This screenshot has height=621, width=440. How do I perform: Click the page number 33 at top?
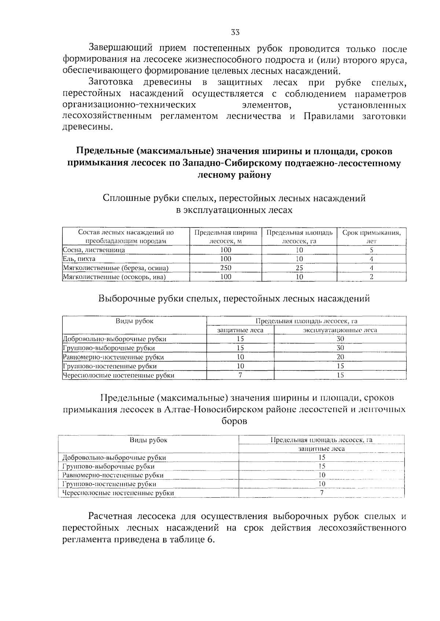(x=235, y=32)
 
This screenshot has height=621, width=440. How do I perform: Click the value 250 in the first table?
(x=225, y=268)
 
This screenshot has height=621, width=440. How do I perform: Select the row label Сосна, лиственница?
(x=94, y=250)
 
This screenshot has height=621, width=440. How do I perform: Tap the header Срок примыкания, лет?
(x=371, y=237)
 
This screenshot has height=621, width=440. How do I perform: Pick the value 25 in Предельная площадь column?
(x=299, y=268)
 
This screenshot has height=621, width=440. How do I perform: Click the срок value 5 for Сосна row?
(x=371, y=250)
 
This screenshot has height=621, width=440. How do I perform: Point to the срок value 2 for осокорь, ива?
(x=371, y=277)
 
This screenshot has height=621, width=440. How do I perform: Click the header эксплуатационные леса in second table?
(x=340, y=330)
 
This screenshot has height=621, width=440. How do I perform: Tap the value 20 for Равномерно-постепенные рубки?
(x=340, y=357)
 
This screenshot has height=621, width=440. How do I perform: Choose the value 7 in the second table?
(x=240, y=375)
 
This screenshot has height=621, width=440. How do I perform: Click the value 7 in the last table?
(x=322, y=493)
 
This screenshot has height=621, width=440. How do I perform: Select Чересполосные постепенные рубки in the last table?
(x=118, y=493)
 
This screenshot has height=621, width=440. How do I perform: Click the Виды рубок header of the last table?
(x=148, y=440)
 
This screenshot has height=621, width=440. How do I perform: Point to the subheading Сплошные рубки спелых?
(x=234, y=199)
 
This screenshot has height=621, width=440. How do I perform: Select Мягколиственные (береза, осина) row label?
(x=115, y=268)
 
